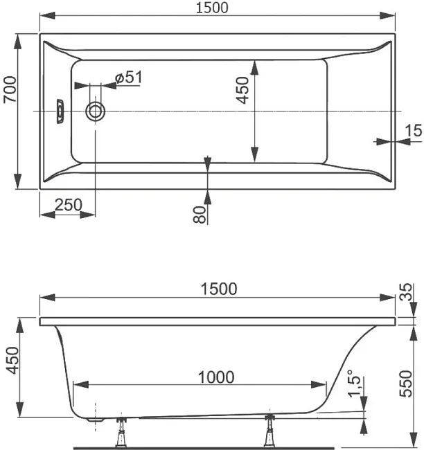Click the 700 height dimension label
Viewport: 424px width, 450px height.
pos(10,89)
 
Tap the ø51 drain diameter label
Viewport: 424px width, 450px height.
pos(128,78)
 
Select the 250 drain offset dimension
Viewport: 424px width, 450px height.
pos(69,205)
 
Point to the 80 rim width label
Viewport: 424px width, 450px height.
pos(200,215)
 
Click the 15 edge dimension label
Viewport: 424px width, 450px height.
pos(414,130)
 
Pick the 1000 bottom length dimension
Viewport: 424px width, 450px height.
pos(216,377)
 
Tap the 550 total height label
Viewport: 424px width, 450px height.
pos(406,384)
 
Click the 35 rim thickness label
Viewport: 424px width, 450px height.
pos(406,292)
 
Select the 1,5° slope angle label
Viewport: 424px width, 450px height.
pos(354,384)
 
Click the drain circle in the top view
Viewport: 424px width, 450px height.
pos(95,111)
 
